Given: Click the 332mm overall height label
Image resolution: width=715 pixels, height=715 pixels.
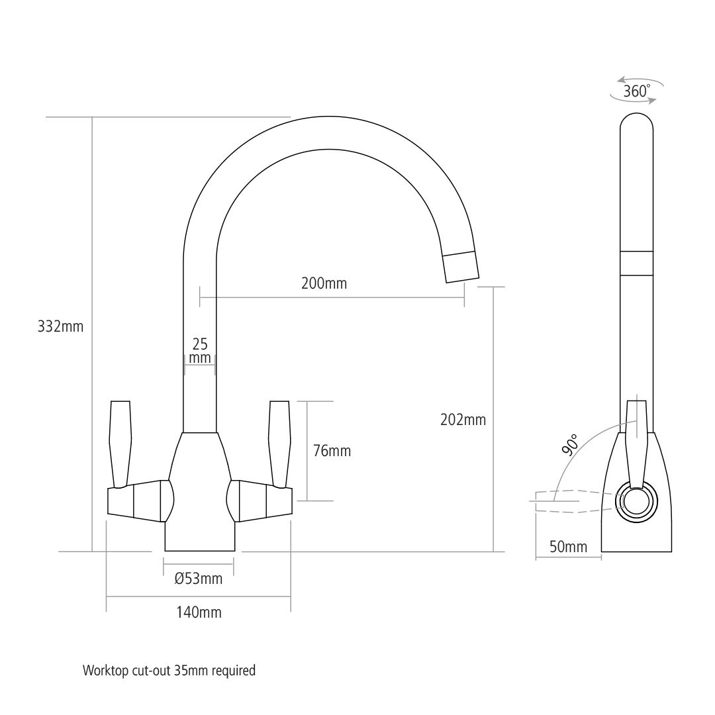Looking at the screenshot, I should point(61,326).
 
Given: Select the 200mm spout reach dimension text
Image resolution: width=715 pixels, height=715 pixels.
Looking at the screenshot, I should point(324,284).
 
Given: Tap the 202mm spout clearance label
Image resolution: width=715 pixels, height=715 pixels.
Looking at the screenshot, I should point(463,420).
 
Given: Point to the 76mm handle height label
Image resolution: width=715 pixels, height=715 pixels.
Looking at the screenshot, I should point(332,452).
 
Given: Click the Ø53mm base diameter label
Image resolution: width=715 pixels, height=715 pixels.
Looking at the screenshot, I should point(199,579).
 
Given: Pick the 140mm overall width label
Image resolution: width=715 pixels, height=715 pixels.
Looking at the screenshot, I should point(199,612).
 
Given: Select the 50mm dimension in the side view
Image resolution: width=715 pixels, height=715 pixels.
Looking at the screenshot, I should point(568,547).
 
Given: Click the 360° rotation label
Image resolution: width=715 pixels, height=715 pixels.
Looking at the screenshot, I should point(636,91).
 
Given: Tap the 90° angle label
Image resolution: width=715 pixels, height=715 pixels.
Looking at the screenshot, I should point(569,446).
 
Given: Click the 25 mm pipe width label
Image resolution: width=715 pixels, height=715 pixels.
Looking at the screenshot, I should point(200,351).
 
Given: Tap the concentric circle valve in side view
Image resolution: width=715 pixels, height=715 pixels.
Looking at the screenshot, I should point(636,502).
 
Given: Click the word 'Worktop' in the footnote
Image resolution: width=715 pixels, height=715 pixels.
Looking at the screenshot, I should point(104,671).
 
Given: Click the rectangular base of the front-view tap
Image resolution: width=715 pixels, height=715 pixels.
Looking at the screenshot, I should point(199,538).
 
